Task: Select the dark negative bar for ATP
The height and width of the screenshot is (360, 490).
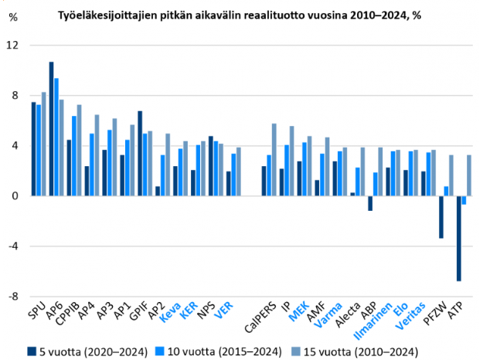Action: pos(458,238)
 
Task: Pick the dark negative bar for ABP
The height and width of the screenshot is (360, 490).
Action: pos(370,203)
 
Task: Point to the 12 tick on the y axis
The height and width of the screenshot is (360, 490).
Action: pos(12,46)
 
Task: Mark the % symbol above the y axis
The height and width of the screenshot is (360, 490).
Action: pos(12,16)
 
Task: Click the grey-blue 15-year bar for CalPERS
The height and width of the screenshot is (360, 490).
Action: pos(274,159)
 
